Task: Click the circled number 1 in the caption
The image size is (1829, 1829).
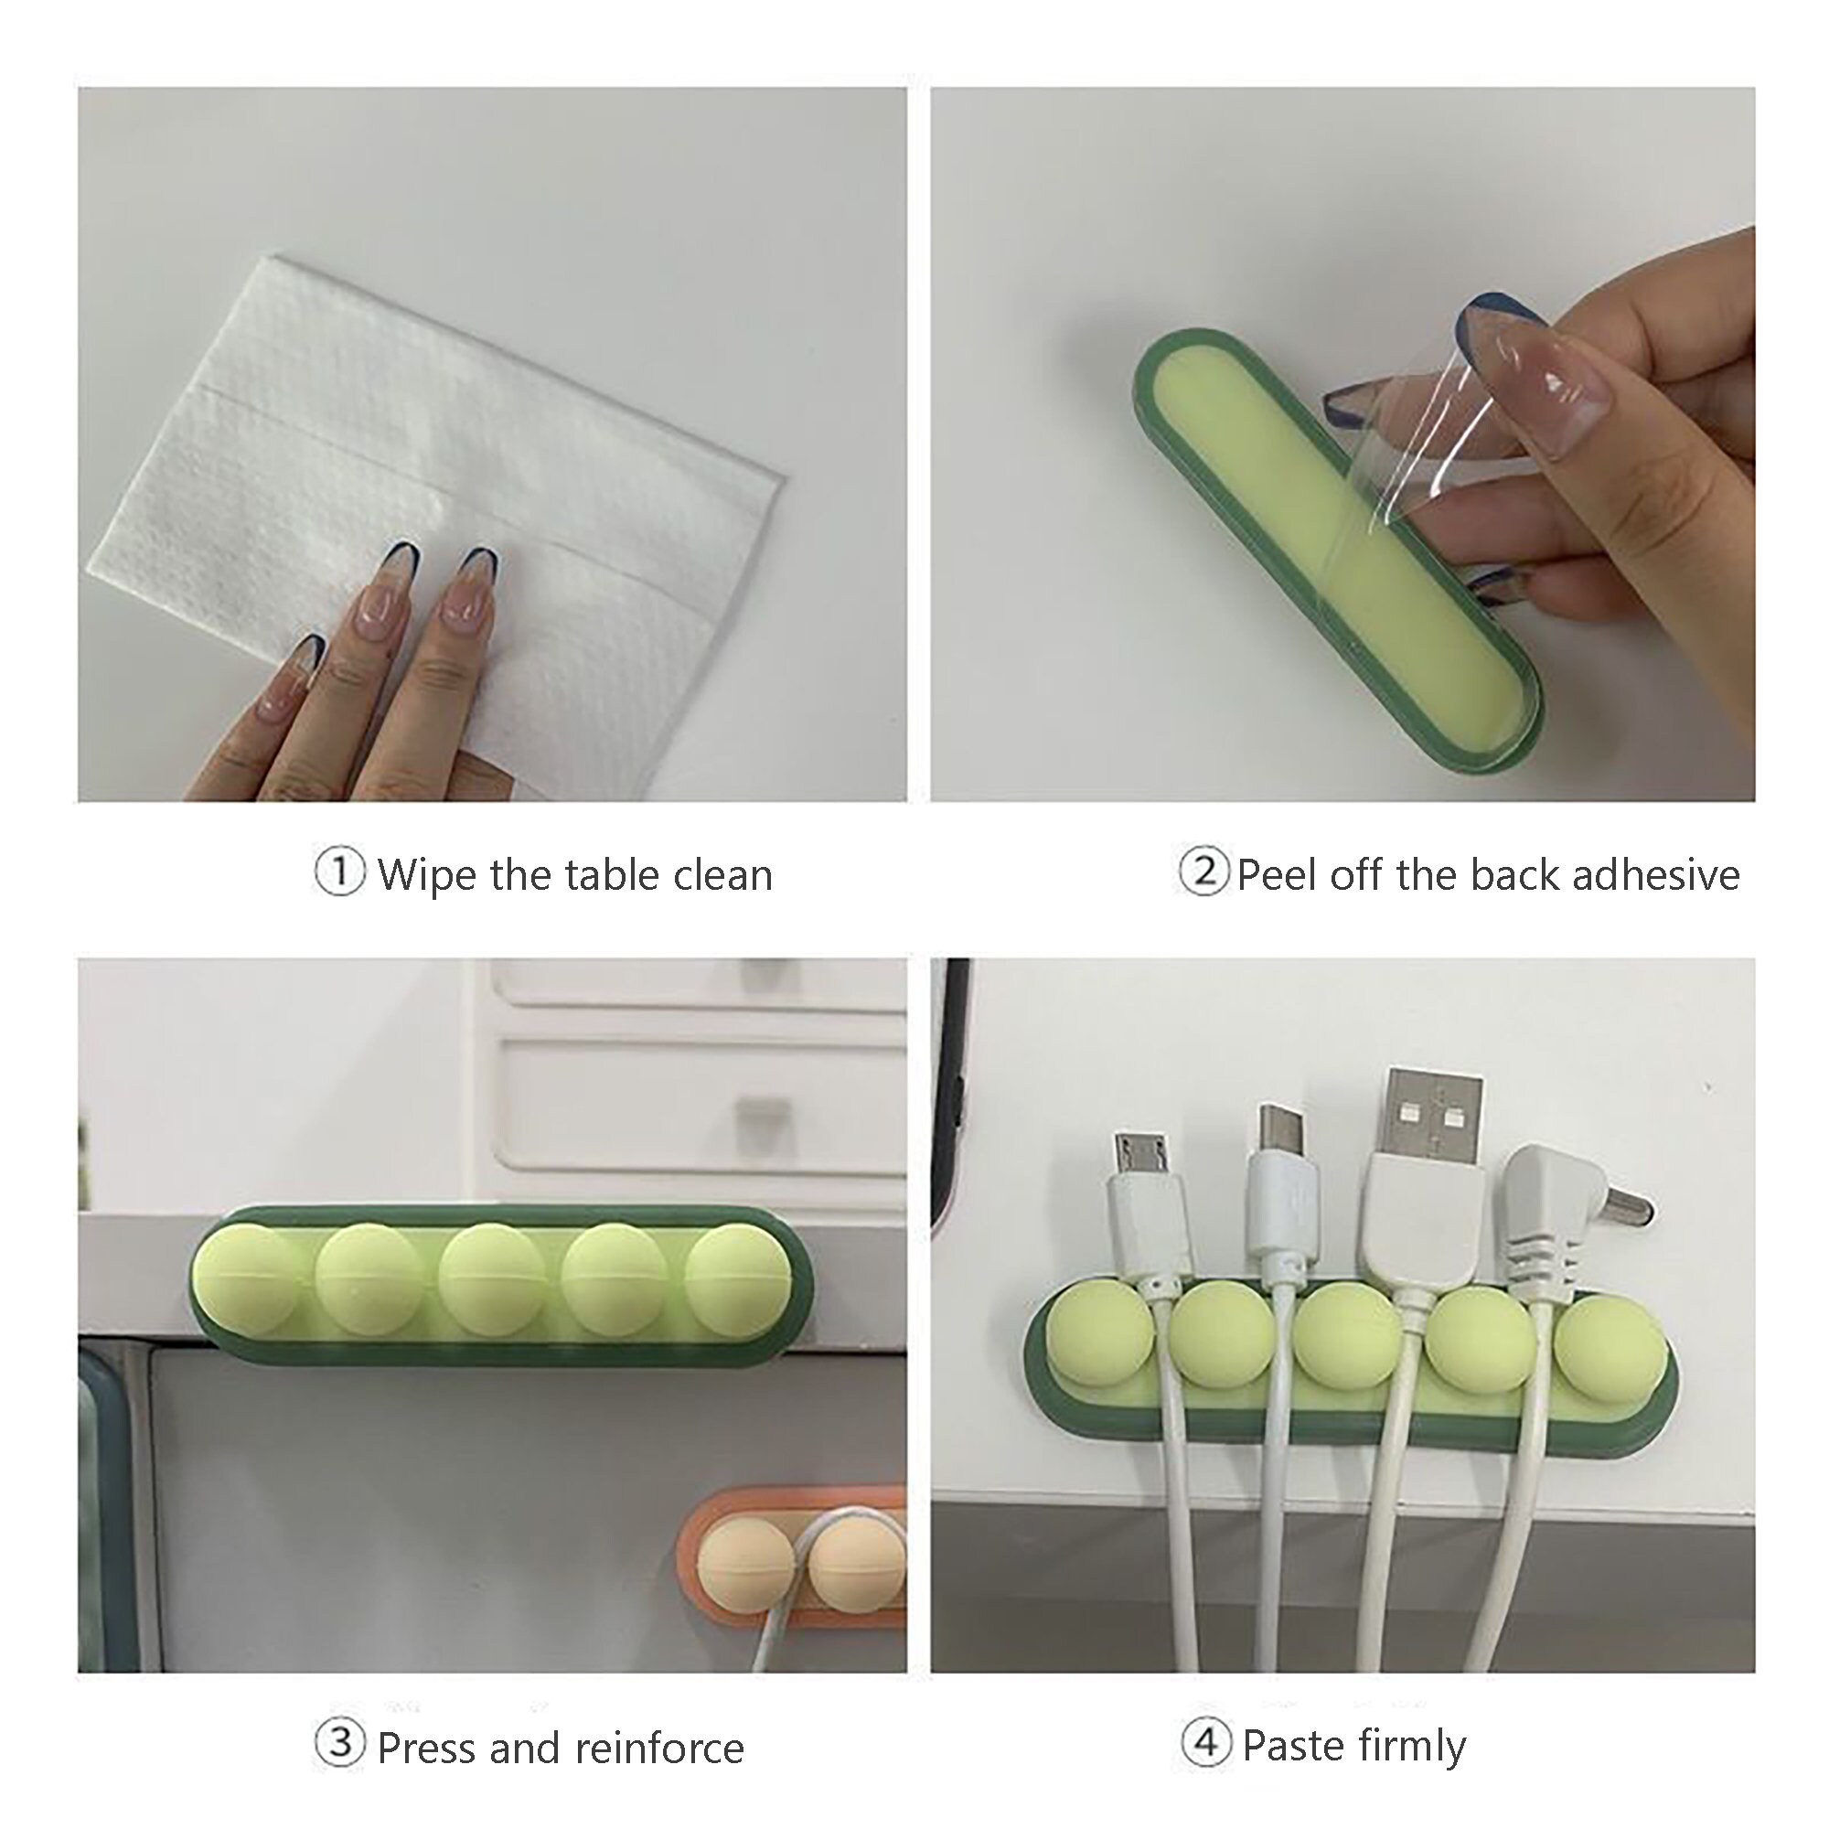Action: click(339, 872)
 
